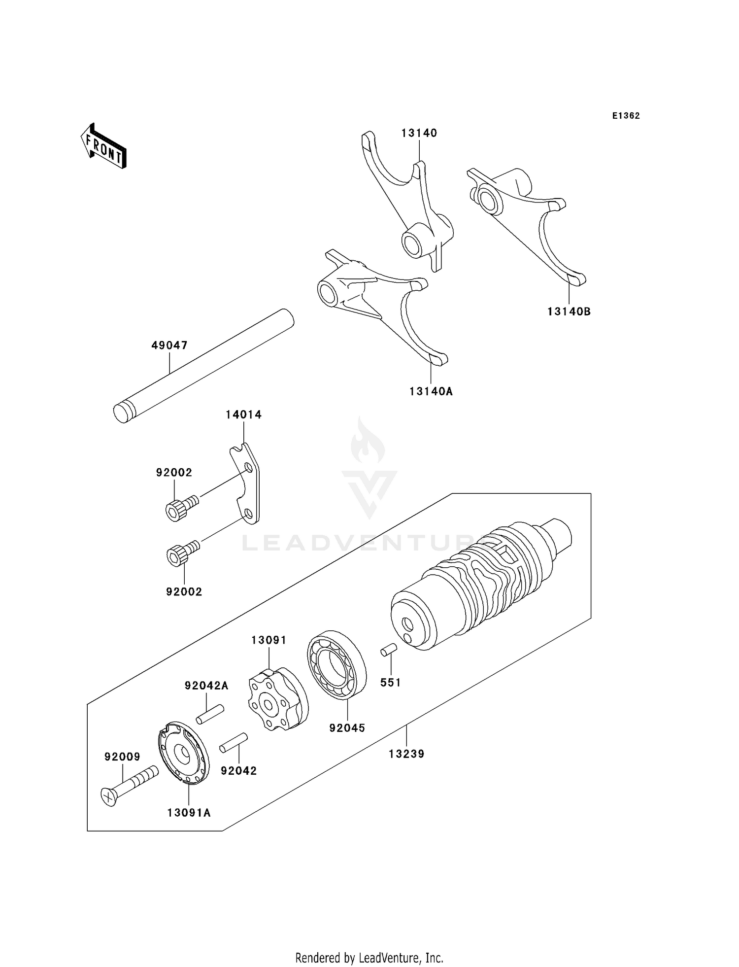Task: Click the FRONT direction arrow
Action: [x=103, y=147]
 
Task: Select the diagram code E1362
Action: [x=626, y=116]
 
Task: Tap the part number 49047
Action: [x=169, y=345]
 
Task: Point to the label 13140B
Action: [x=569, y=312]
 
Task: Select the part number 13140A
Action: [x=431, y=391]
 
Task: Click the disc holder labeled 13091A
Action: [x=184, y=753]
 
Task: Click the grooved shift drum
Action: [x=480, y=587]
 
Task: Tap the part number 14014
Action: [x=243, y=415]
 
